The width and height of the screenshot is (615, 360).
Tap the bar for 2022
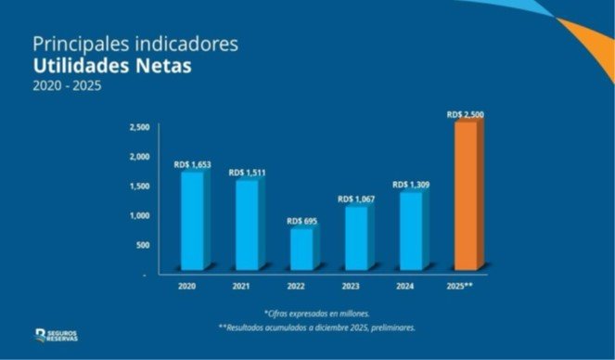click(302, 249)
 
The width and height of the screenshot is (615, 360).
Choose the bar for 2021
click(247, 224)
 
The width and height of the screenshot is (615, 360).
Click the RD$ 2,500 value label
click(465, 115)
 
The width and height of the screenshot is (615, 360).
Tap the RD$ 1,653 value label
click(192, 164)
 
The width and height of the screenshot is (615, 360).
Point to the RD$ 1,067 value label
click(356, 199)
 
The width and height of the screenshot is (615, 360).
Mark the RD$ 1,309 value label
click(411, 185)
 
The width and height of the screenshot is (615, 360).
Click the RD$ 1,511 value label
click(248, 173)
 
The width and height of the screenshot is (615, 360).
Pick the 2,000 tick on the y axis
click(138, 156)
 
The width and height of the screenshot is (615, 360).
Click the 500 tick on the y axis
click(141, 245)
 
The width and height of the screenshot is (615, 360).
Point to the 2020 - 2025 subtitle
click(67, 86)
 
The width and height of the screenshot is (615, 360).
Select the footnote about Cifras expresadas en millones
click(316, 314)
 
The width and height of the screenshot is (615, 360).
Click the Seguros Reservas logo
click(57, 335)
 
